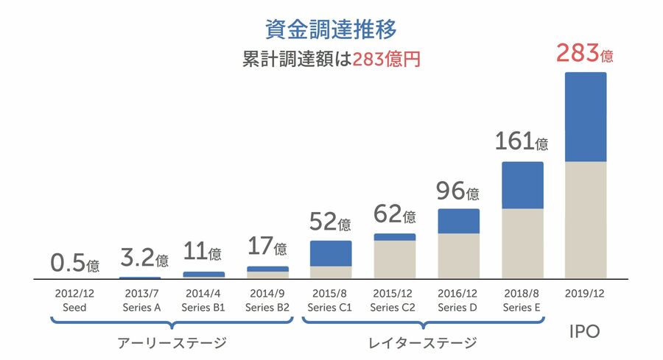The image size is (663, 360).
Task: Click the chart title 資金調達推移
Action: [331, 29]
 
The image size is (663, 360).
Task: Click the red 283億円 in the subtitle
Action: [386, 60]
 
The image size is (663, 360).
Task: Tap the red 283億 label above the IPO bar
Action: [585, 54]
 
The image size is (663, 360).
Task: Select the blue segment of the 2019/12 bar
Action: [585, 116]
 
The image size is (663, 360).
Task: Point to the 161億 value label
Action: [522, 141]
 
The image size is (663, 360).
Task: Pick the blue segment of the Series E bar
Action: [522, 185]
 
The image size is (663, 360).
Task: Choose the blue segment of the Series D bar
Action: [458, 221]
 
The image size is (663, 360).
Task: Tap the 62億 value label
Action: [394, 214]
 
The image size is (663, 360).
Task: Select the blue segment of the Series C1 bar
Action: [331, 253]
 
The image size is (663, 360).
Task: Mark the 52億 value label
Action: [331, 222]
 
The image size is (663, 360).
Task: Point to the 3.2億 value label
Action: [144, 258]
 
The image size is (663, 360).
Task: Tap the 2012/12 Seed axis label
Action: [74, 300]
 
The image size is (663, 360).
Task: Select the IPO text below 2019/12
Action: [585, 332]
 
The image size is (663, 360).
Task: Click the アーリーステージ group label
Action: [172, 343]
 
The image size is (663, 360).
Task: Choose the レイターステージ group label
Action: [422, 343]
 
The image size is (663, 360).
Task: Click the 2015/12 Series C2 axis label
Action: [395, 300]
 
